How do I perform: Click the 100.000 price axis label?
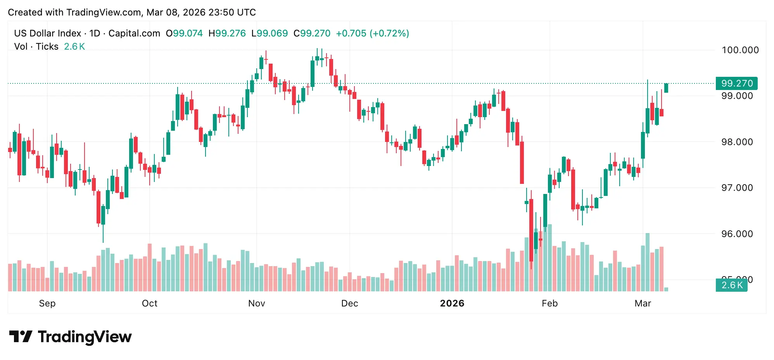click(x=740, y=50)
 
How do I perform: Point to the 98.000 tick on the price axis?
click(x=737, y=142)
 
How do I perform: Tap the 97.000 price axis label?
click(x=737, y=188)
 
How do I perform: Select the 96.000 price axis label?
click(x=737, y=234)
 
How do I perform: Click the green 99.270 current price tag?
click(x=736, y=83)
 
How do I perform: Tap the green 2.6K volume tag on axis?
click(x=731, y=285)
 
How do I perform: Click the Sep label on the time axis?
click(x=47, y=303)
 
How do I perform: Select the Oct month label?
click(x=150, y=303)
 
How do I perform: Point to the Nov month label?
click(x=256, y=303)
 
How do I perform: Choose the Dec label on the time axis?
click(x=349, y=303)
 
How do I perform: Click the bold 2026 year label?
click(x=452, y=303)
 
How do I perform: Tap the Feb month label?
click(x=549, y=303)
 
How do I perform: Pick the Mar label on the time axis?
click(x=643, y=303)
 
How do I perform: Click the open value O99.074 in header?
click(x=184, y=33)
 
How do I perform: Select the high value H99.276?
click(x=227, y=33)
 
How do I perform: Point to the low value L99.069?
click(x=270, y=33)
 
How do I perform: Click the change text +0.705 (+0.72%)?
click(x=372, y=33)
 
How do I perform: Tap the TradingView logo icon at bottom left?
click(x=21, y=336)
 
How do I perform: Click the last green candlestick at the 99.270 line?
click(x=666, y=88)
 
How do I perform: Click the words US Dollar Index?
click(x=47, y=33)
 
